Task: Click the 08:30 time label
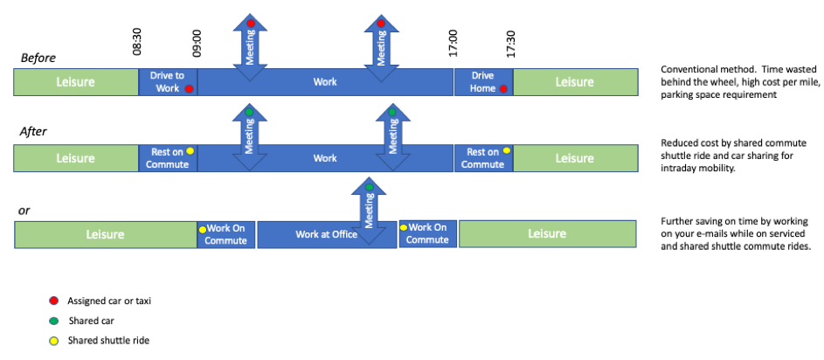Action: (x=137, y=44)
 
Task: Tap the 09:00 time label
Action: (x=197, y=44)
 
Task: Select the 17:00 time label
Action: (x=453, y=44)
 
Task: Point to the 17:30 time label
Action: (x=511, y=44)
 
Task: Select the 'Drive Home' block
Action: (x=482, y=82)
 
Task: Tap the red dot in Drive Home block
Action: (x=503, y=89)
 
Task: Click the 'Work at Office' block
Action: (x=326, y=234)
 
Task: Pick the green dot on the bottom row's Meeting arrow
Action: (x=370, y=187)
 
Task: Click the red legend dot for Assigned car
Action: (x=52, y=301)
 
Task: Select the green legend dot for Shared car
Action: (x=52, y=321)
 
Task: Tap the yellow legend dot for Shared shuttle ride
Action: (x=52, y=341)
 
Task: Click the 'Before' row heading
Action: (x=38, y=58)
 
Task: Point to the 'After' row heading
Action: (x=35, y=132)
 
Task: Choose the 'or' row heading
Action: (x=25, y=210)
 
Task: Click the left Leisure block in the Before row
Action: (x=76, y=82)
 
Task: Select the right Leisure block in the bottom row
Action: (x=546, y=234)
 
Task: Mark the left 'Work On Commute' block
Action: (x=225, y=234)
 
